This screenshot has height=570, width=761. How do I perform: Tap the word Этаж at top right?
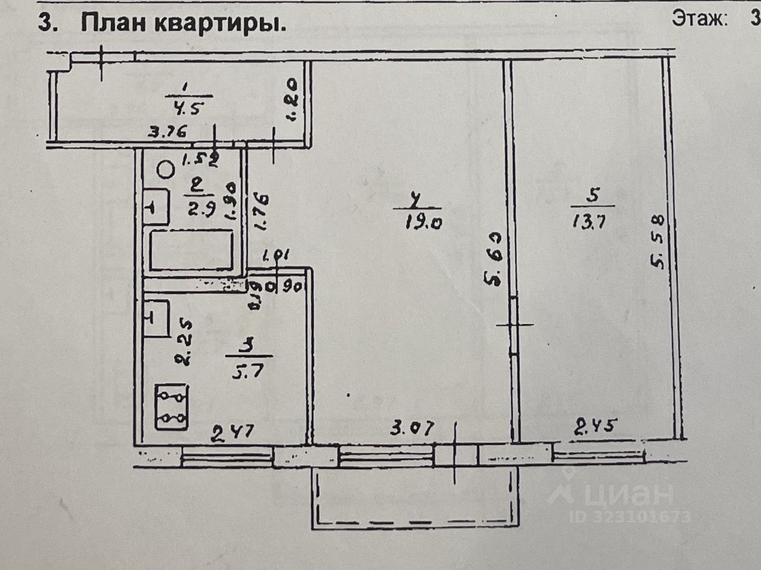click(x=699, y=19)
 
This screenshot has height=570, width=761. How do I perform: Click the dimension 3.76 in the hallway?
click(x=168, y=133)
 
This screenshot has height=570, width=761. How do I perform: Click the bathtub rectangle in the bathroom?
click(x=191, y=250)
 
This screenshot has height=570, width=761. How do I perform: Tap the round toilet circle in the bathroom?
click(x=166, y=170)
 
